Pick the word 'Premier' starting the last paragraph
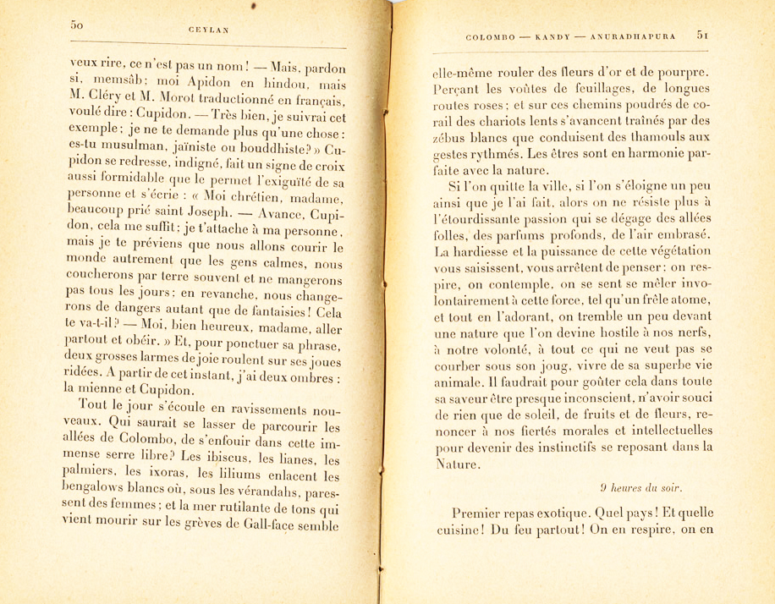click(x=481, y=513)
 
